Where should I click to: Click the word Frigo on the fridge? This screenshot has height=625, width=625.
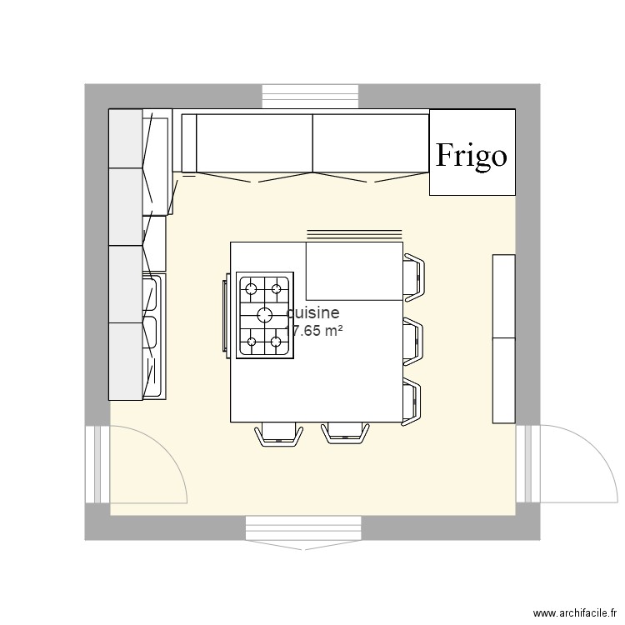coord(472,155)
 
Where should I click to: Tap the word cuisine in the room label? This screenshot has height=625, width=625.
coord(313,313)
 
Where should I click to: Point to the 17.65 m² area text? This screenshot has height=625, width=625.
coord(315,331)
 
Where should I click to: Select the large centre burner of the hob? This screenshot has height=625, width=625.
coord(265,314)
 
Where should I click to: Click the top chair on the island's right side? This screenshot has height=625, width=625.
coord(414,276)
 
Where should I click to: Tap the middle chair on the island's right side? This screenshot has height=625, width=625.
coord(414,339)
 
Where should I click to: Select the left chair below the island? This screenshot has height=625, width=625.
coord(277,433)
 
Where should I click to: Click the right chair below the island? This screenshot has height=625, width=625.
coord(345,433)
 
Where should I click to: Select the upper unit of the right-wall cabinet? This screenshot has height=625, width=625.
coord(504,296)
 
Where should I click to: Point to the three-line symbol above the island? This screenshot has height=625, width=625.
coord(355,234)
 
